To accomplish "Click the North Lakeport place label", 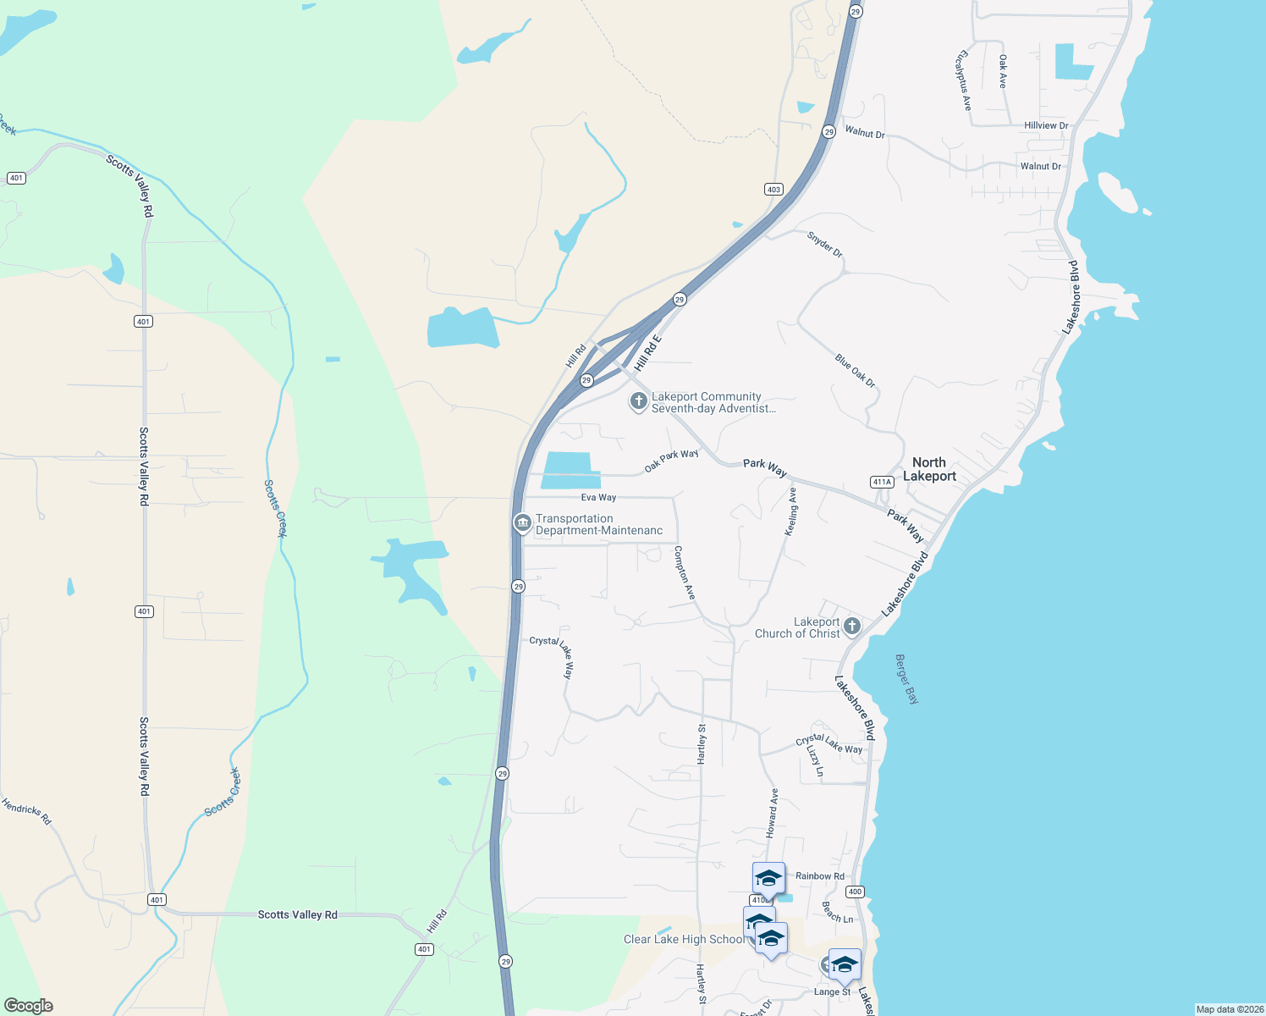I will (928, 469).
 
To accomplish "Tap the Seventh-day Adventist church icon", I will (639, 401).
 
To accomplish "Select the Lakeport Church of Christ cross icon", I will (852, 627).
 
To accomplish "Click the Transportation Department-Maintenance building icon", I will (522, 523).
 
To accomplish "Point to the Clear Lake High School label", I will (684, 939).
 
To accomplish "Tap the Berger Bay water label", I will (906, 679).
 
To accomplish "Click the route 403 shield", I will (773, 189).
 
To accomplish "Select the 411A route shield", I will (882, 482).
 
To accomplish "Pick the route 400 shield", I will (855, 892).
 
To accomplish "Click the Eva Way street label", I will (598, 498).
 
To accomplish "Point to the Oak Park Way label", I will (671, 461).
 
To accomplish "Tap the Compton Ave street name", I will (685, 573).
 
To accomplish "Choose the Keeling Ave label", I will (792, 511).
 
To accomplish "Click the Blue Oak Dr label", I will (856, 371).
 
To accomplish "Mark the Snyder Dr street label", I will (824, 245).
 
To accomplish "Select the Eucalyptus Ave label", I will (963, 80).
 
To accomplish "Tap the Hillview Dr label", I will (1046, 125).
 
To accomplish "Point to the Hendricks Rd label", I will (26, 811).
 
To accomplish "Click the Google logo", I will (29, 1006).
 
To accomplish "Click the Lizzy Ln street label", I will (814, 761).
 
